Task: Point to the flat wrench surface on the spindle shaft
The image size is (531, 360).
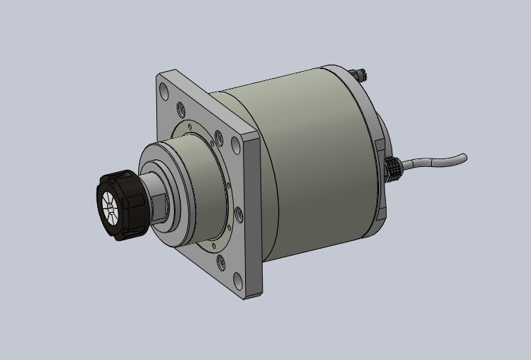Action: (160, 205)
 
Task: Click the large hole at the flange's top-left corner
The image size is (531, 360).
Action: (164, 92)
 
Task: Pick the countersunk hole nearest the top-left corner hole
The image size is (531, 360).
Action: (181, 108)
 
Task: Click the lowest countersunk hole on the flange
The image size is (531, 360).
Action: (222, 262)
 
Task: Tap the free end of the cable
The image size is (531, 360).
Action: (465, 156)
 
